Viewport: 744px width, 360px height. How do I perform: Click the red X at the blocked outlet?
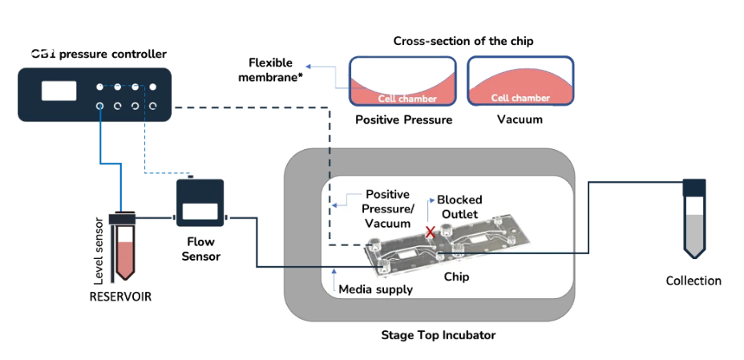coord(431,232)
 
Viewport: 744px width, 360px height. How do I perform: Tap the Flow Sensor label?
coord(200,249)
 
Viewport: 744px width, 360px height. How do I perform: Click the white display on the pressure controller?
coord(59,91)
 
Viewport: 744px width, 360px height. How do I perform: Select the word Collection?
coord(693,281)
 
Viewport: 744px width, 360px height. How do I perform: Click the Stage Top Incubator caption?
coord(438,334)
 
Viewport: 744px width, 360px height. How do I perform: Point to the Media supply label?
coord(376,289)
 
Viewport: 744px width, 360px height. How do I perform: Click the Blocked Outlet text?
coord(460,207)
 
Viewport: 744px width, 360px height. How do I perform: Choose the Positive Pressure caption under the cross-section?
coord(403,120)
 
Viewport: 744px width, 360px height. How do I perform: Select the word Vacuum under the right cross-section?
coord(520,120)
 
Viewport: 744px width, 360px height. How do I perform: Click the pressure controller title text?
coord(99,55)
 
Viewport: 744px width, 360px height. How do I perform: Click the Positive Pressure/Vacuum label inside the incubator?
coord(387,208)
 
